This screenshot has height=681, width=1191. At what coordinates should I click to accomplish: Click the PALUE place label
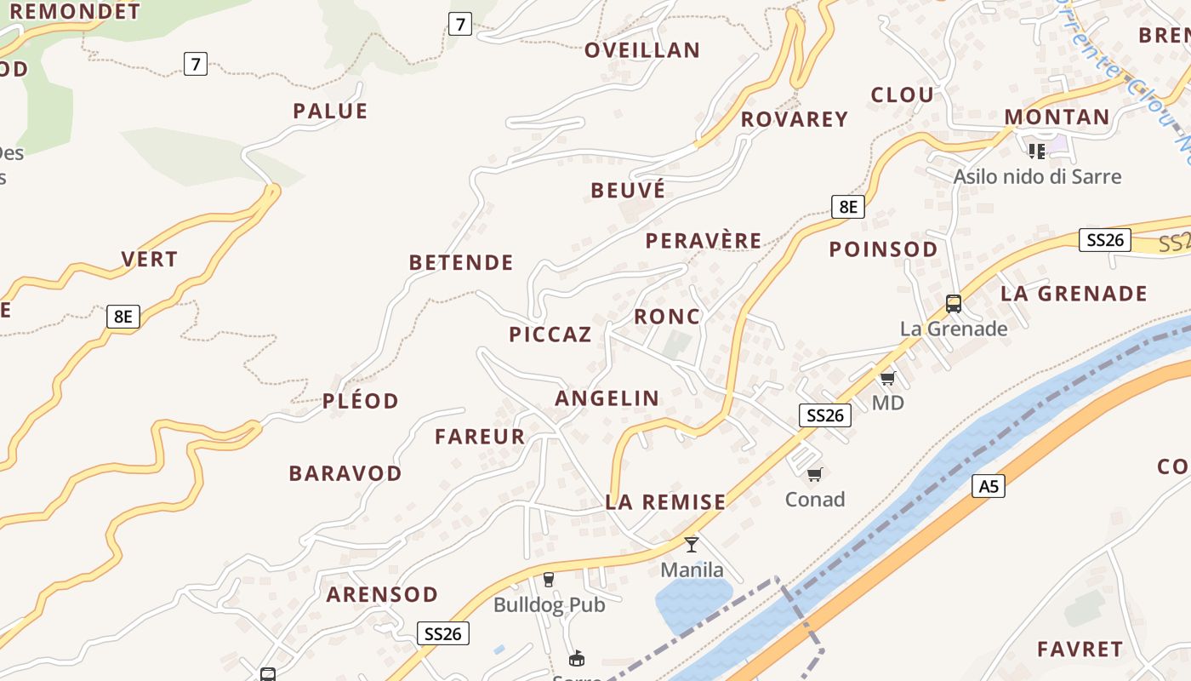point(330,112)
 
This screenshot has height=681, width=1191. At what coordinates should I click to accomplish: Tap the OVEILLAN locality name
point(642,50)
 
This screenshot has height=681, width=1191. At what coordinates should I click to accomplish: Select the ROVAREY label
point(795,119)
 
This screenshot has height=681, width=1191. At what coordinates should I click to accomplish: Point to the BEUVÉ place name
point(628,190)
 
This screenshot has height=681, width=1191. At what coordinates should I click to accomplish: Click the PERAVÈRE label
point(704,241)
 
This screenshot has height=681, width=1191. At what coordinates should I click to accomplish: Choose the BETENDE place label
point(461,262)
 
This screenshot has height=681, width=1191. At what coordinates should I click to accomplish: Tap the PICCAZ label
point(550,335)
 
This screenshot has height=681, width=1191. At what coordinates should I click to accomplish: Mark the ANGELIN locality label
point(607,398)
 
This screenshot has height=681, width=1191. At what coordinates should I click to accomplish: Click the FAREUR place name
point(480,437)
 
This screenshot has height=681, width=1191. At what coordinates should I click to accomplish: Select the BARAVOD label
point(345,473)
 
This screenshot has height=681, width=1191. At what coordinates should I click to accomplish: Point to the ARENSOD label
point(382,594)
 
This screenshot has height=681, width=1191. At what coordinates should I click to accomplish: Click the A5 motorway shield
point(988,486)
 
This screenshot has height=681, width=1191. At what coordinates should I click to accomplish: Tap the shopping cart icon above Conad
point(814,474)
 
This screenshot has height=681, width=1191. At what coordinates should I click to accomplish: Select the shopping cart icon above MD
point(887,377)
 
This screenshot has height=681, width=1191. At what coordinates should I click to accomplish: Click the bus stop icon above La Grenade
point(954,303)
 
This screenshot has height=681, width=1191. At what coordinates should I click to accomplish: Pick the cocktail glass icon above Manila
point(692,544)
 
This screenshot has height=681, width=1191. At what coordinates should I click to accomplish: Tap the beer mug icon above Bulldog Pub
point(549,580)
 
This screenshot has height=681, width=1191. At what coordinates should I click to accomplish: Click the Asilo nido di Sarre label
point(1037,176)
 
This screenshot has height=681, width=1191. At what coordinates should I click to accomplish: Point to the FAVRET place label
point(1080,650)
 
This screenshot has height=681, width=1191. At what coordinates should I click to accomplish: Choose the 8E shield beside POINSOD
point(847,206)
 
